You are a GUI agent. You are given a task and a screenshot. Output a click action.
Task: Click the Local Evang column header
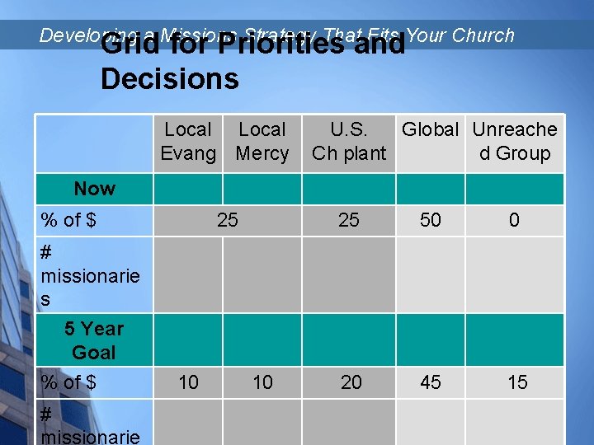[188, 142]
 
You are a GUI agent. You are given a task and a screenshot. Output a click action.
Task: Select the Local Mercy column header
[262, 142]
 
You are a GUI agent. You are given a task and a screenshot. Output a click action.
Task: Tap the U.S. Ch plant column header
[349, 142]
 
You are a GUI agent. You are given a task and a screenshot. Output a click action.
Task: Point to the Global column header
[430, 130]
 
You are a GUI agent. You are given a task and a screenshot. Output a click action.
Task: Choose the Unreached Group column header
[515, 142]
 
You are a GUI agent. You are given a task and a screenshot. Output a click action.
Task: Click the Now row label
[94, 189]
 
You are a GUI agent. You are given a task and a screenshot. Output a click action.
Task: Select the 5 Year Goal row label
[94, 340]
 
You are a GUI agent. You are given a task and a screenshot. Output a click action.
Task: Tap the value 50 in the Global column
[431, 221]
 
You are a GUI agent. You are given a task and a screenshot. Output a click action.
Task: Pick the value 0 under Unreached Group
[514, 221]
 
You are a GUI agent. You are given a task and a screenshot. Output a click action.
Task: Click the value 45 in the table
[431, 382]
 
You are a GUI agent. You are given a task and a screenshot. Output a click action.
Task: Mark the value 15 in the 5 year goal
[517, 382]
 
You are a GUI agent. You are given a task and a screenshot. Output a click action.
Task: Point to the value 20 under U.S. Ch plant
[351, 382]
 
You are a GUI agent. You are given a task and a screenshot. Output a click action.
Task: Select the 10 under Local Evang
[188, 382]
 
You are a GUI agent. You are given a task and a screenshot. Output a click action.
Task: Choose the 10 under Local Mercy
[262, 382]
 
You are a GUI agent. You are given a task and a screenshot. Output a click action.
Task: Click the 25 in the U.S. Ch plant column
[349, 221]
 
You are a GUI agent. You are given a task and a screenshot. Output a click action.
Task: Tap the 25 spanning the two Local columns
[228, 221]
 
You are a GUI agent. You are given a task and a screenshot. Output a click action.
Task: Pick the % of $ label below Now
[68, 221]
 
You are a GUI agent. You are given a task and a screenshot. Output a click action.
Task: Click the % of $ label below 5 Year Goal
[68, 382]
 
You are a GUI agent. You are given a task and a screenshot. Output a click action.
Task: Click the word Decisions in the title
[169, 79]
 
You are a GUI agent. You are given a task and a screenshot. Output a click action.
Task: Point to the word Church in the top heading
[483, 35]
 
